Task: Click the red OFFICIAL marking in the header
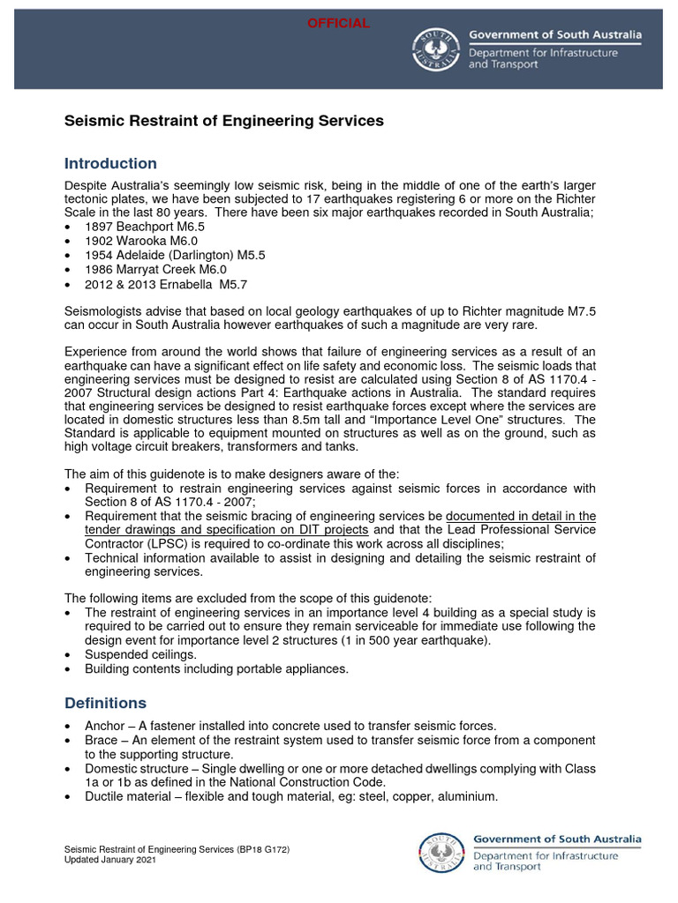[338, 23]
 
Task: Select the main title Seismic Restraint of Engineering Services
[224, 121]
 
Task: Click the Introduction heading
[111, 163]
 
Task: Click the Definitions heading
[106, 703]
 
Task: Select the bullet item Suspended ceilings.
[140, 655]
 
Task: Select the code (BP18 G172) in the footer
[261, 849]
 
